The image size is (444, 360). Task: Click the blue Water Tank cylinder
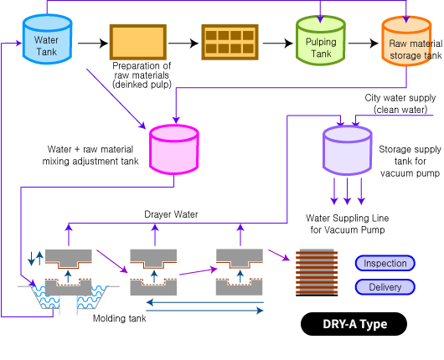pos(47,39)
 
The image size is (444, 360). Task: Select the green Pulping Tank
pos(321,40)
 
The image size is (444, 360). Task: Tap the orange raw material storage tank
pos(406,41)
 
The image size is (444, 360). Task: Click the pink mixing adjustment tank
pos(174,149)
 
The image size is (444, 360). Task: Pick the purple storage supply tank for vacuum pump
pos(348,151)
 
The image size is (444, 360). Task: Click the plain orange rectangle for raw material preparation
pos(138,42)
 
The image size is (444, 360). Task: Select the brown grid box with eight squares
pos(230,42)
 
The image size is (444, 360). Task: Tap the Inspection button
pos(385,263)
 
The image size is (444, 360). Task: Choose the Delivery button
pos(385,287)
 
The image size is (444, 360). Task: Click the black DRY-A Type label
pos(354,324)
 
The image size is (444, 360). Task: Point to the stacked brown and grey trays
pos(317,273)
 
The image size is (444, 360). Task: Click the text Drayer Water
pos(171,214)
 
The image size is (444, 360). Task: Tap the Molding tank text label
pos(120,318)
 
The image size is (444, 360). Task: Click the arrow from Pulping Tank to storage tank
pos(364,44)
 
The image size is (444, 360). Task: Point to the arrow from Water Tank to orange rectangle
pos(93,44)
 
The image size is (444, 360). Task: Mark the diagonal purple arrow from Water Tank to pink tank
pos(116,99)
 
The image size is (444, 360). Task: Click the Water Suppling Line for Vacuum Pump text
pos(348,224)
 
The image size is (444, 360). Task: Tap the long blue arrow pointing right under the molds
pos(204,311)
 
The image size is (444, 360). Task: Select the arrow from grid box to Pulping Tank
pos(278,44)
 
